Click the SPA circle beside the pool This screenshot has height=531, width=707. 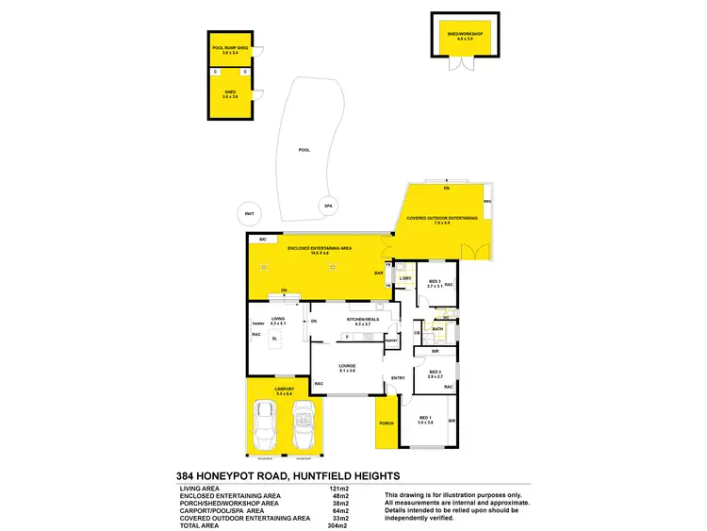click(329, 206)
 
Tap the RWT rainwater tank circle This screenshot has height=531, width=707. click(249, 212)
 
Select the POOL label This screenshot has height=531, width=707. click(304, 150)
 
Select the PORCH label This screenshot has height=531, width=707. click(386, 423)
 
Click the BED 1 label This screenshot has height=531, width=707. click(424, 419)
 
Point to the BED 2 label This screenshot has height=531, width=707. click(436, 373)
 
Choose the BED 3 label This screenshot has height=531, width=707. click(435, 281)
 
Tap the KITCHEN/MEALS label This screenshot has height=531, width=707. click(361, 320)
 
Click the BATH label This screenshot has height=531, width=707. click(437, 329)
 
